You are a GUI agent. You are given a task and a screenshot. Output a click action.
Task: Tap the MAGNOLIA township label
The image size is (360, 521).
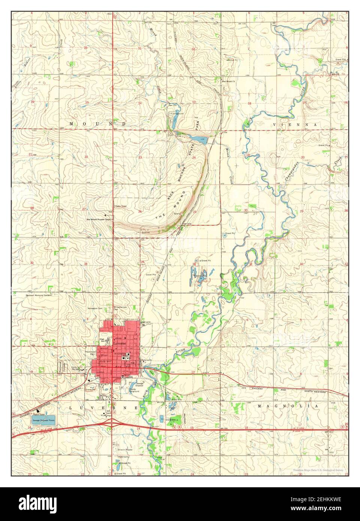pos(288,406)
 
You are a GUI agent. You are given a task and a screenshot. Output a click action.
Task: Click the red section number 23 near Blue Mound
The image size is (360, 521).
pos(140,157)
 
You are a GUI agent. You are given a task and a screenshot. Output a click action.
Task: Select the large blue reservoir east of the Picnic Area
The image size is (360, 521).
pos(198,140)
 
